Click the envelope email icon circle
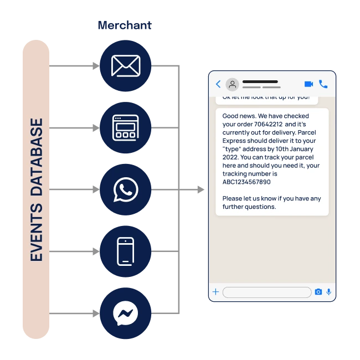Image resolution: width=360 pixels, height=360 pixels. (125, 66)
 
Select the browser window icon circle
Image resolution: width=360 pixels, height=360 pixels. (125, 128)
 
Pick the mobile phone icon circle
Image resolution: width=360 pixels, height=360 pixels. (125, 251)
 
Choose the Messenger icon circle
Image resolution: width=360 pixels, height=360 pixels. (125, 313)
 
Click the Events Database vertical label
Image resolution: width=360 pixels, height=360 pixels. (37, 190)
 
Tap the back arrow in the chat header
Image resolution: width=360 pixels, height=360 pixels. (218, 84)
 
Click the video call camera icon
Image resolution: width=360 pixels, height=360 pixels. (308, 84)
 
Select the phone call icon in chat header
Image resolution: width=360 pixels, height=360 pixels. (323, 84)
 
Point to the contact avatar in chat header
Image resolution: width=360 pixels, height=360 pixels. (233, 84)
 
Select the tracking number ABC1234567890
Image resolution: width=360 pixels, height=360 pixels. (246, 182)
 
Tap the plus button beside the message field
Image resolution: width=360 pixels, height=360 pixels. (215, 292)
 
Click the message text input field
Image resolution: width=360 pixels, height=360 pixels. (266, 292)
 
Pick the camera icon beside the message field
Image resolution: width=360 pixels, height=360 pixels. (318, 292)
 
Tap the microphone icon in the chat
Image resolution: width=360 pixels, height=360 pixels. (329, 292)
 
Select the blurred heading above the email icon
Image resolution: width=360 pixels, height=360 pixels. (125, 25)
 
